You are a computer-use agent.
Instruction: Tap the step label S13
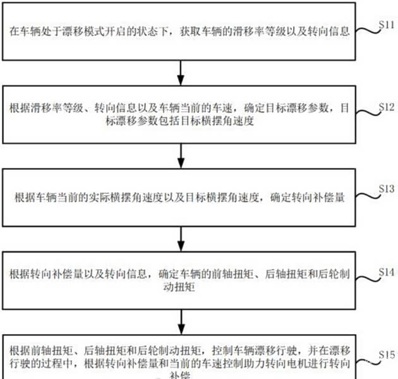(386, 188)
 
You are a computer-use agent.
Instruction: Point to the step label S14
(386, 271)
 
